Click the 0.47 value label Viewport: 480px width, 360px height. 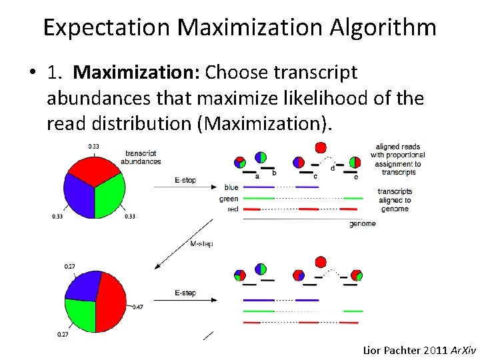[x=137, y=307]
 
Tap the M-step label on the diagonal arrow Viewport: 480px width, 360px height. [x=201, y=244]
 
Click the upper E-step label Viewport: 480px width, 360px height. [x=185, y=180]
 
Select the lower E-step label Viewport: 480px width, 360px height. [x=185, y=293]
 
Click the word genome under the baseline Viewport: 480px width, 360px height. [x=362, y=223]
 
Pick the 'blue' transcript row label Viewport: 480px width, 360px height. [x=231, y=188]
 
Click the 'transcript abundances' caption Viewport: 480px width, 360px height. [x=141, y=157]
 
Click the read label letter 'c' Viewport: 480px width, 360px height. [x=315, y=176]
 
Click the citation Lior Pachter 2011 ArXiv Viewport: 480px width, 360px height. [x=419, y=349]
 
